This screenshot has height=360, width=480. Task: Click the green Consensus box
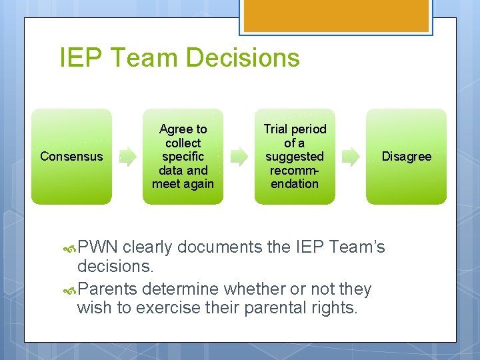pos(71,157)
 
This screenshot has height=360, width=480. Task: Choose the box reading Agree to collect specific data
pos(183,157)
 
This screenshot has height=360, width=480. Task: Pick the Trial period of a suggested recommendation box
pos(294,157)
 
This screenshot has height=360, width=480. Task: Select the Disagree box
pos(406,157)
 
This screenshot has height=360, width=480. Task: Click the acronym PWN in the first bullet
pos(98,247)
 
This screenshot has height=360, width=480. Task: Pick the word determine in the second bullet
pos(181,289)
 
